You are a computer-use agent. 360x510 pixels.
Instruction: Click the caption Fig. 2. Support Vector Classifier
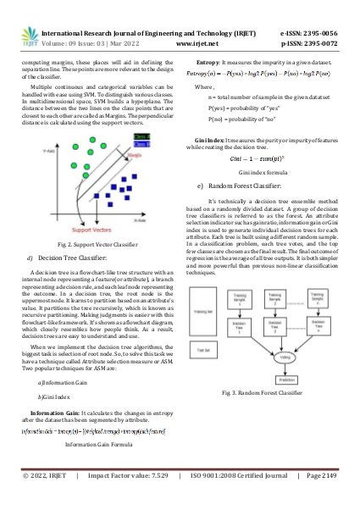91,220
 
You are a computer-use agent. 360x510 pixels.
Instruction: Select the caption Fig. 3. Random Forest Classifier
262,393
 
